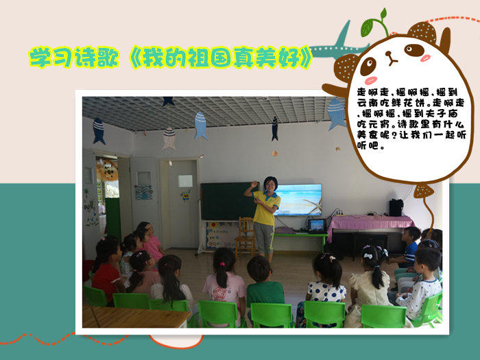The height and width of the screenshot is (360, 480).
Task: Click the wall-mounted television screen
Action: pyautogui.click(x=298, y=200)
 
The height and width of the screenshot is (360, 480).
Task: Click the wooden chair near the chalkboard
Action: pyautogui.click(x=245, y=236)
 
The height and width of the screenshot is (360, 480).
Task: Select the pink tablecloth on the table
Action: pyautogui.click(x=369, y=223)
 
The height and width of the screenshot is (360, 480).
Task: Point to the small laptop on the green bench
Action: pyautogui.click(x=317, y=226)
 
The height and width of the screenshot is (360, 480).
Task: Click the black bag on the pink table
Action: pyautogui.click(x=396, y=208)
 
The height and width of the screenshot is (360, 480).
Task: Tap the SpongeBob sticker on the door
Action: pyautogui.click(x=185, y=195)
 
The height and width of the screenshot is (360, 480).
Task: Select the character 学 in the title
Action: pyautogui.click(x=40, y=57)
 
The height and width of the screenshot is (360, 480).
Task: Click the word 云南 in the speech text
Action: pyautogui.click(x=368, y=103)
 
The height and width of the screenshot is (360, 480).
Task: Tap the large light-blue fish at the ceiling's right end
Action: pyautogui.click(x=337, y=114)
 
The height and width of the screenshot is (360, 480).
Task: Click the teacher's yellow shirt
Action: pyautogui.click(x=265, y=208)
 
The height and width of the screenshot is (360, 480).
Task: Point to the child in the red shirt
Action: pyautogui.click(x=106, y=270)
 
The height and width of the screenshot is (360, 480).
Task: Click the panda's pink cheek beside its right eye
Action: pyautogui.click(x=425, y=58)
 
